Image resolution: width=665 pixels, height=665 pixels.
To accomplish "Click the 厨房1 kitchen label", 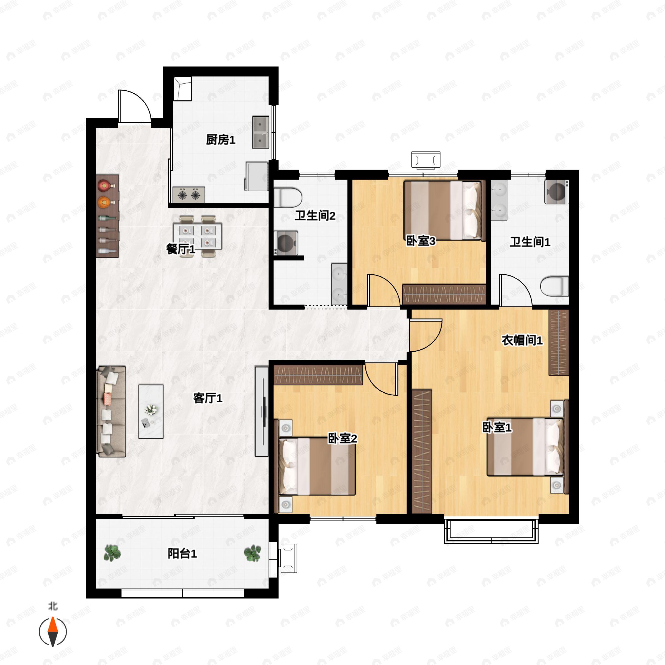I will pyautogui.click(x=221, y=140).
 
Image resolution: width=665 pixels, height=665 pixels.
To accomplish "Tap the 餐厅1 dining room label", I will pyautogui.click(x=181, y=249).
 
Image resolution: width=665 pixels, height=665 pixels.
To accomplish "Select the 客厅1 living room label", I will pyautogui.click(x=208, y=398).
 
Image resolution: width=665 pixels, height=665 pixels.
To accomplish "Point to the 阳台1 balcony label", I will pyautogui.click(x=182, y=554).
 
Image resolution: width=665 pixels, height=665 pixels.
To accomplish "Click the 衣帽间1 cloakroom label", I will pyautogui.click(x=522, y=341).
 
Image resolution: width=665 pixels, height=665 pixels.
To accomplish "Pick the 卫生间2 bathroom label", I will pyautogui.click(x=315, y=216).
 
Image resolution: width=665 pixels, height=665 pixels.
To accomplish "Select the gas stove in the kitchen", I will pyautogui.click(x=188, y=195).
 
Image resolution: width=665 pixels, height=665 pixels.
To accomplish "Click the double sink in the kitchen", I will pyautogui.click(x=260, y=132).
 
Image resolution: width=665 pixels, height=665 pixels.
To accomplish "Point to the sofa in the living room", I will pyautogui.click(x=111, y=411).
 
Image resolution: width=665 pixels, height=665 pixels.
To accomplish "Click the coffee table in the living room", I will pyautogui.click(x=151, y=411).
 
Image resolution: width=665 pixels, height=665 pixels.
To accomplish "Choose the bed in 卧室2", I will pyautogui.click(x=317, y=466).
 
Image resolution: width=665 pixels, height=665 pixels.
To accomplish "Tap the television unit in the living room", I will pyautogui.click(x=262, y=411).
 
